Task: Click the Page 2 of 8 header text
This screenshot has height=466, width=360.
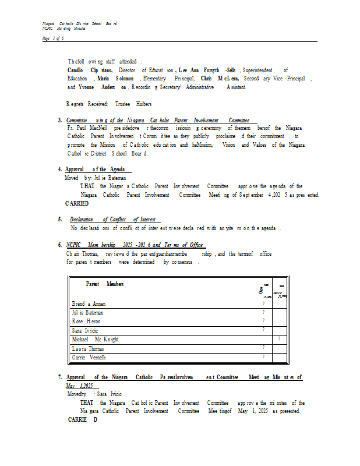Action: click(x=53, y=38)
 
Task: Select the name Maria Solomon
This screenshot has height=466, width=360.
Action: click(x=115, y=78)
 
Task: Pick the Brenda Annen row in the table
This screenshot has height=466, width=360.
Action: click(x=89, y=304)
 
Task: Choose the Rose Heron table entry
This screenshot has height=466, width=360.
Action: click(x=86, y=321)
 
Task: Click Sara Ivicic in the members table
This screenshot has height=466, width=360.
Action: click(x=86, y=330)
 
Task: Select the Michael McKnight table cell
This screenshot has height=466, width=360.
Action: click(x=96, y=339)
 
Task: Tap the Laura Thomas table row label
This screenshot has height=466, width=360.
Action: click(x=88, y=348)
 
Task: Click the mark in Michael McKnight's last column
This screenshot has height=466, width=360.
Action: click(x=280, y=338)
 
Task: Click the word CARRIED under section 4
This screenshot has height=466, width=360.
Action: click(x=77, y=203)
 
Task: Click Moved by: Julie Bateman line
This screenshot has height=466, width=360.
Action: click(x=95, y=178)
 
